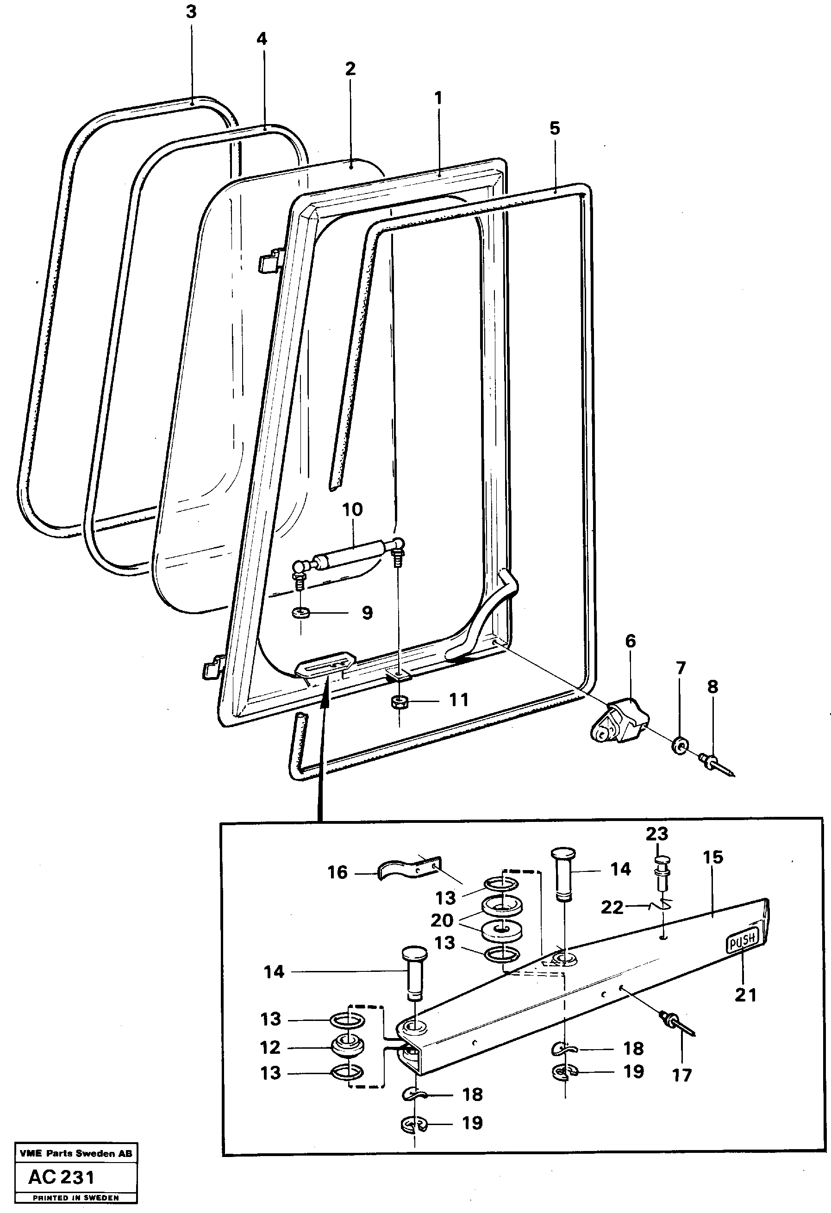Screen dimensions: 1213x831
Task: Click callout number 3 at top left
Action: pyautogui.click(x=191, y=12)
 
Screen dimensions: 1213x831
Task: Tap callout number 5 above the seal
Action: pyautogui.click(x=554, y=128)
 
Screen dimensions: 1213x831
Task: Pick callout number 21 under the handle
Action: pyautogui.click(x=745, y=995)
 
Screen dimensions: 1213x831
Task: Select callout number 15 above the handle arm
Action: pyautogui.click(x=712, y=857)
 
